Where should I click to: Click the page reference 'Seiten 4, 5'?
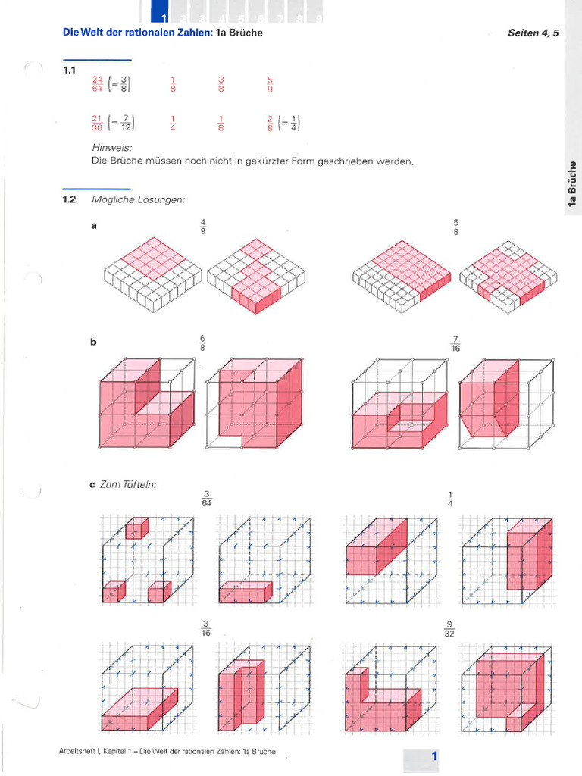(x=533, y=33)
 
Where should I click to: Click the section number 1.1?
(x=70, y=70)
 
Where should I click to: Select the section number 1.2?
(x=70, y=199)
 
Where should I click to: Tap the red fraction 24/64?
(x=97, y=83)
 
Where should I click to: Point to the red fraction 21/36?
(x=97, y=123)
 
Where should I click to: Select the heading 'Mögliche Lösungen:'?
(x=138, y=199)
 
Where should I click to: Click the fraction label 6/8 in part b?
(x=203, y=342)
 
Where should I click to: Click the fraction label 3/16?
(x=205, y=629)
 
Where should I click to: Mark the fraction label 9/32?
(x=449, y=629)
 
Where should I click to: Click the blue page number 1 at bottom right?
(x=434, y=756)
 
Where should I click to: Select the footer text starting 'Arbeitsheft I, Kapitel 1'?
(x=167, y=752)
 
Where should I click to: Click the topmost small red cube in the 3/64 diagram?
(x=137, y=528)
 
